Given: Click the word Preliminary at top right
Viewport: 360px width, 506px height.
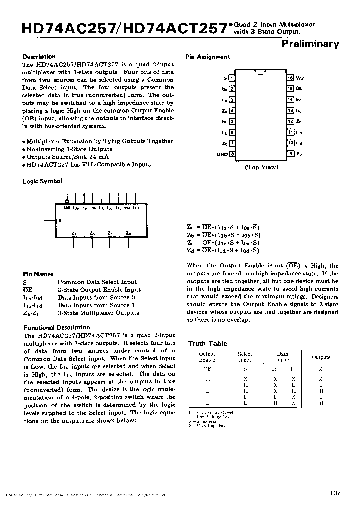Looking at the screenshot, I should (310, 44).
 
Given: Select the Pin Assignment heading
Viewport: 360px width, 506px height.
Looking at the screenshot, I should (208, 57).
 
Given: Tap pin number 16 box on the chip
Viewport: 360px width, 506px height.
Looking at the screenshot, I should (290, 78).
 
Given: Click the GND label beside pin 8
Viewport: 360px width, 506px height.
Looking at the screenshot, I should (222, 154).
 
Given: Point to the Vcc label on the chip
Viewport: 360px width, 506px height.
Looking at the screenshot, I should (300, 78).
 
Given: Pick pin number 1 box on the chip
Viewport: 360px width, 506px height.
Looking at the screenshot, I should (232, 78).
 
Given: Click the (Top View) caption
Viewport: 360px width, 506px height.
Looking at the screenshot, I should (261, 167).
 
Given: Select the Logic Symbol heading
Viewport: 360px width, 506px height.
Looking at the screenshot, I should (42, 181).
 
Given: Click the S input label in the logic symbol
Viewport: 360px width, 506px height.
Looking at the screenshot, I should (60, 220).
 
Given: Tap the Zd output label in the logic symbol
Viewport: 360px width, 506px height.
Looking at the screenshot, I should (128, 233).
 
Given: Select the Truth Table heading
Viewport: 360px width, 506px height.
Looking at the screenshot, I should (207, 343).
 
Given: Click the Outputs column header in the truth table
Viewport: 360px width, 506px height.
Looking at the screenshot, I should (321, 357).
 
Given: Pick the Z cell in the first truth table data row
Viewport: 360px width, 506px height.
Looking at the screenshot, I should (321, 379).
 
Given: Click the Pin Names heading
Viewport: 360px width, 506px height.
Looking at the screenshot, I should (38, 274).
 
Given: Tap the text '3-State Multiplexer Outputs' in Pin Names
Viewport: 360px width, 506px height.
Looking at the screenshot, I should (98, 313).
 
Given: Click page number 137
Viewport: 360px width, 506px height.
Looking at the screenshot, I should (335, 493).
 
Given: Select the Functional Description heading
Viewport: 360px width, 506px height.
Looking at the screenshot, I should (53, 328).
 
